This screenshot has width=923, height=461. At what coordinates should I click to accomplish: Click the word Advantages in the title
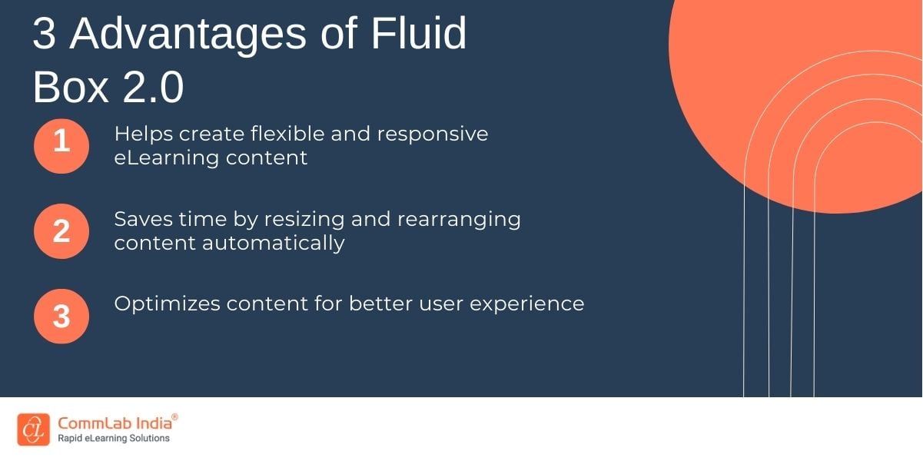pos(188,35)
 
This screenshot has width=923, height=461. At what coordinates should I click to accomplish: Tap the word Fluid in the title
pos(418,32)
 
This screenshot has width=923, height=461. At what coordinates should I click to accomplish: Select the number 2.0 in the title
pos(153,87)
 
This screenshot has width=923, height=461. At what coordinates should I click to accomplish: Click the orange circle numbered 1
pos(61,146)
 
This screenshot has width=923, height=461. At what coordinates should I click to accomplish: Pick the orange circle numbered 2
pos(61,231)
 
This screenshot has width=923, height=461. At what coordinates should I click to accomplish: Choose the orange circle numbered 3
pos(61,316)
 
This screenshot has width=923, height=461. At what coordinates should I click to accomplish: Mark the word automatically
pos(273,243)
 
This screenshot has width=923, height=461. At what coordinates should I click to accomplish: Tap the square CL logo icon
pos(33,429)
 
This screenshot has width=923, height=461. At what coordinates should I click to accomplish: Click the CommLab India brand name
pos(115,423)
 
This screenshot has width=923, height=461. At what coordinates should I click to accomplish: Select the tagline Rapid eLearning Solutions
pos(113,439)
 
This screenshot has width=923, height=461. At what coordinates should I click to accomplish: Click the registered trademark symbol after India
pos(174,417)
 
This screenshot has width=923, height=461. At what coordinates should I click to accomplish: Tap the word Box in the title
pos(71,87)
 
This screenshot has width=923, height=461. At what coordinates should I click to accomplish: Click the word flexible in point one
pos(287,134)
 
